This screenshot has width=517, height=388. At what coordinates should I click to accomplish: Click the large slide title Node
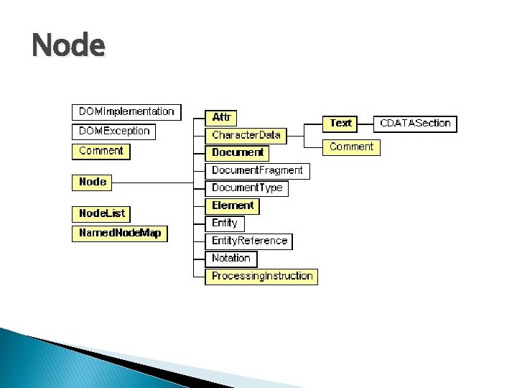click(68, 47)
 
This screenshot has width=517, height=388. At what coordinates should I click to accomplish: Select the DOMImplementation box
click(126, 112)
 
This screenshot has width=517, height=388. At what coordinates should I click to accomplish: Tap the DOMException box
click(114, 131)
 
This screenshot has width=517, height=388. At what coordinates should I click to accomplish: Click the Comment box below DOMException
click(101, 152)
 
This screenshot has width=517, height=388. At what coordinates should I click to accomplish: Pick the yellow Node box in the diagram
click(93, 183)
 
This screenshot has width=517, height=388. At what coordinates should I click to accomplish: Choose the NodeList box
click(101, 214)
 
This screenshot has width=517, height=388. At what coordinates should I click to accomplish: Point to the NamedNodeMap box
click(119, 234)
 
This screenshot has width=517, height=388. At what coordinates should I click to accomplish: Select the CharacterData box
click(246, 135)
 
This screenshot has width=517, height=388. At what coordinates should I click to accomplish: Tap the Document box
click(238, 152)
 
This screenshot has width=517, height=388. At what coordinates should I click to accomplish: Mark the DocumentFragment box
click(257, 171)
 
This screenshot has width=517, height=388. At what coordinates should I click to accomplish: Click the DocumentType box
click(247, 188)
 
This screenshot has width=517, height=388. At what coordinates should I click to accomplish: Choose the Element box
click(233, 205)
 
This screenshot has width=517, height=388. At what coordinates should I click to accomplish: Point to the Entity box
click(224, 223)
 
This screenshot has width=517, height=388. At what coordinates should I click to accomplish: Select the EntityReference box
click(249, 241)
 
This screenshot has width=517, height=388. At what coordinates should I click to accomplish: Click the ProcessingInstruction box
click(262, 276)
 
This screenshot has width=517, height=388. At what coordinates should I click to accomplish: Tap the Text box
click(340, 124)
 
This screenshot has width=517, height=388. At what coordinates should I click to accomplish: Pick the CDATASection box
click(415, 124)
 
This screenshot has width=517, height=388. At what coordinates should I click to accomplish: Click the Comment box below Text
click(351, 147)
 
